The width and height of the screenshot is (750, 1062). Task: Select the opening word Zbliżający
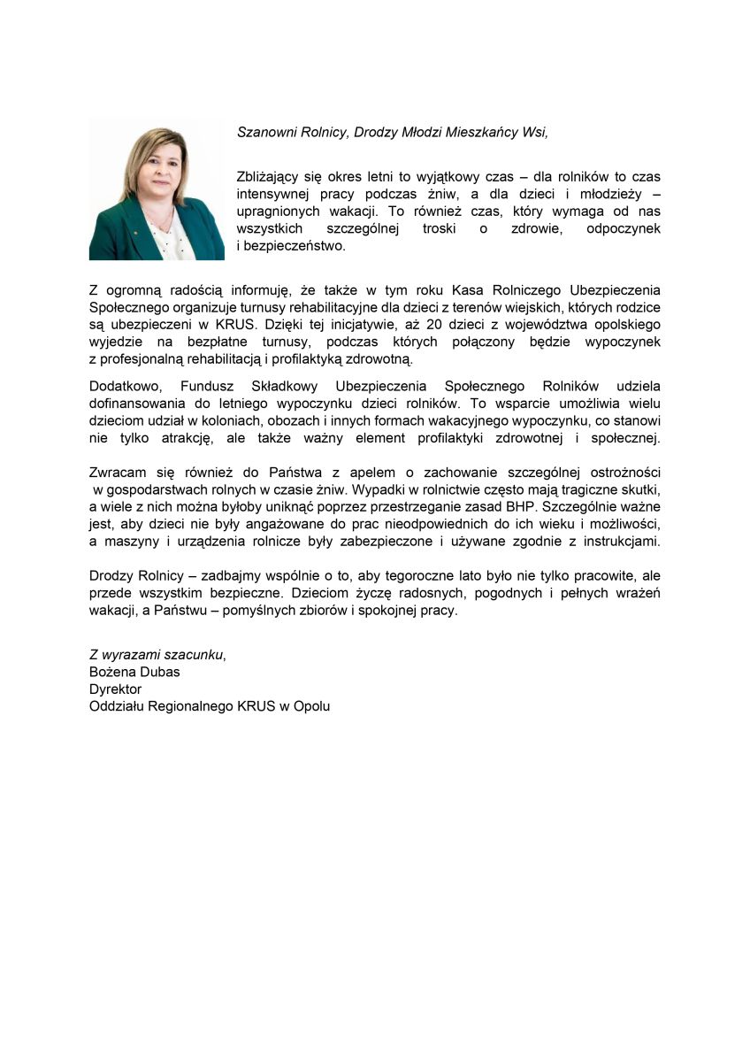[269, 177]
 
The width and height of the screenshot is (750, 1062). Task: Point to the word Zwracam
[116, 473]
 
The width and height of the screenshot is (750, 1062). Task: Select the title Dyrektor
[115, 689]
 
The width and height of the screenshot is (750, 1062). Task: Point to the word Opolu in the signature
[311, 706]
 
